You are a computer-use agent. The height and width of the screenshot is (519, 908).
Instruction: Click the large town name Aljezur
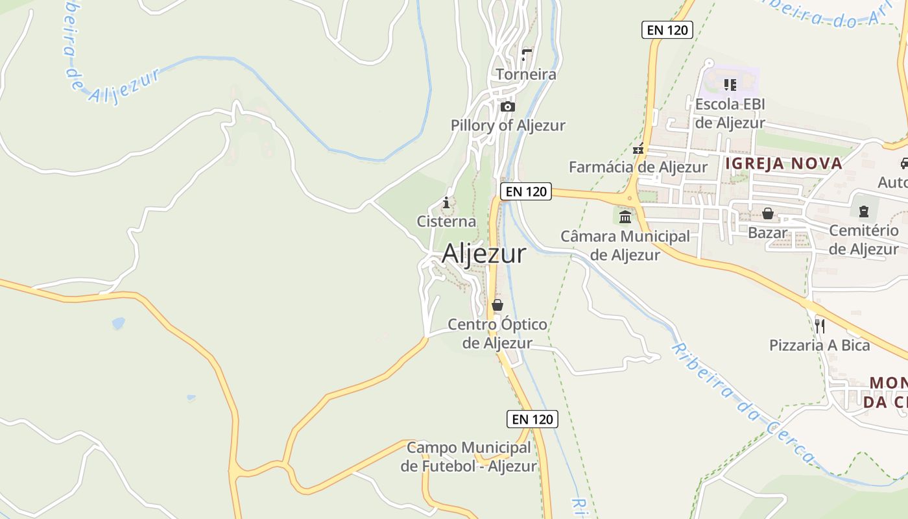(x=484, y=254)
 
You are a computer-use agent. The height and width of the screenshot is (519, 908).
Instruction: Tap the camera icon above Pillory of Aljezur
(x=508, y=106)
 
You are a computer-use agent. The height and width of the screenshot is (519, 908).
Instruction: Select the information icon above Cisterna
(x=446, y=203)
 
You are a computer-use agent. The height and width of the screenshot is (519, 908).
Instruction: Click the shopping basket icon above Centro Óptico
(x=497, y=305)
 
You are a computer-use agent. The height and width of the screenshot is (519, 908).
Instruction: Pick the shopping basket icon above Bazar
(x=768, y=213)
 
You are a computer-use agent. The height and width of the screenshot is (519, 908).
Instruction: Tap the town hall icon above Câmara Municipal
(x=625, y=216)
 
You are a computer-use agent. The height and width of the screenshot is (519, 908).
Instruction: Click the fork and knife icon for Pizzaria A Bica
(x=820, y=326)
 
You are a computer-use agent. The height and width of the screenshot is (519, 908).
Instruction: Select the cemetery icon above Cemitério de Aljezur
(x=864, y=211)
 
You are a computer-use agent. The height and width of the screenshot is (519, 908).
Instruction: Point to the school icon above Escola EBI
(x=730, y=85)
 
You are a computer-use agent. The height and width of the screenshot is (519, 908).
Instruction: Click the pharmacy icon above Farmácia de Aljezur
(x=639, y=149)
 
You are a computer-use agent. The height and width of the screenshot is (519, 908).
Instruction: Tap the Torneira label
(x=526, y=75)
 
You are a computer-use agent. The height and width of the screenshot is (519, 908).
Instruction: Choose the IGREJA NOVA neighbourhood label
(x=783, y=163)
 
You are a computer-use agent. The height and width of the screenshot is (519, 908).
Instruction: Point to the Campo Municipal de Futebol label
(x=469, y=457)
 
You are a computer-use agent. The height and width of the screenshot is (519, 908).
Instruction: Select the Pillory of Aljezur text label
(x=508, y=125)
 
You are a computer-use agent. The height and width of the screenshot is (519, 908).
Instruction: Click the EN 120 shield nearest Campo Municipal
(x=532, y=419)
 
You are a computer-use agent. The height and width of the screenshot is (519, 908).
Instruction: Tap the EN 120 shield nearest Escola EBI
(x=667, y=30)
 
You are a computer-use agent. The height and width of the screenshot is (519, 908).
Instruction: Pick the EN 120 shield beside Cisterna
(x=525, y=191)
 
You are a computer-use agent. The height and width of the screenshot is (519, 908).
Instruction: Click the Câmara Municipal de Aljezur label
(x=625, y=246)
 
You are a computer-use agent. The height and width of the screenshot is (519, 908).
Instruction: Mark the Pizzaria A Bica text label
(x=820, y=345)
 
